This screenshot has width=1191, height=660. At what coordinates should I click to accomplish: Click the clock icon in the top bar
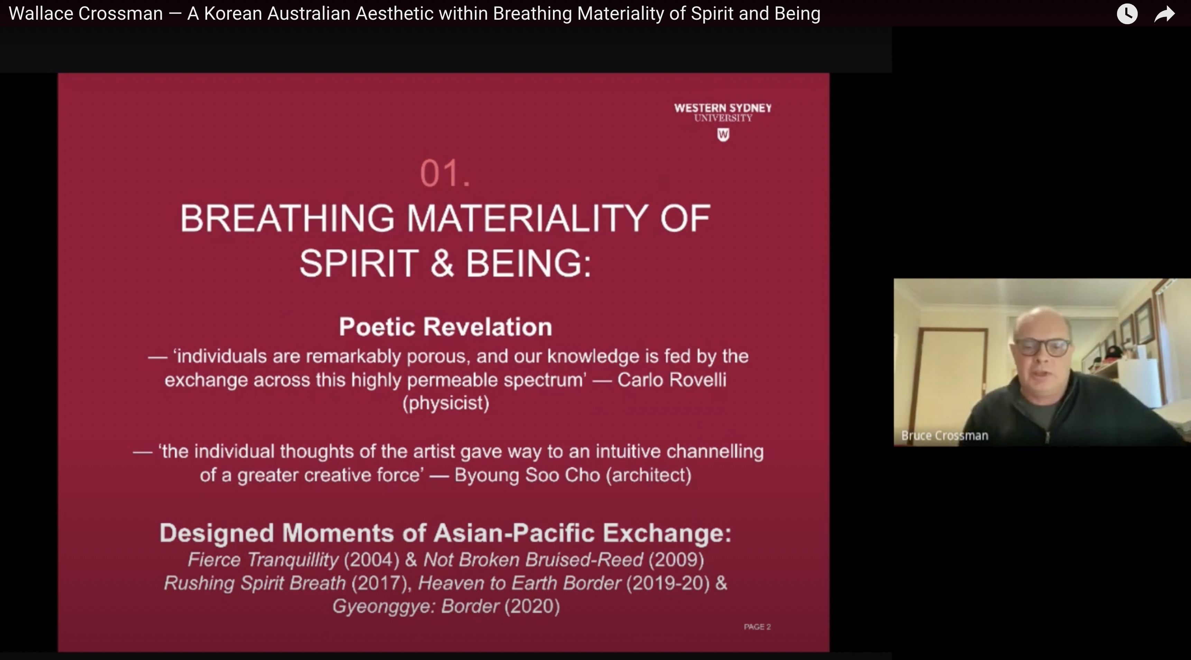[1127, 14]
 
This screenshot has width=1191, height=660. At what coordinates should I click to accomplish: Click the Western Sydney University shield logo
[723, 135]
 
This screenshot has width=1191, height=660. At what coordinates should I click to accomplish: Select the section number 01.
[445, 173]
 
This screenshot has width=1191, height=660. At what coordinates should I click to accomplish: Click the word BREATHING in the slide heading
[287, 218]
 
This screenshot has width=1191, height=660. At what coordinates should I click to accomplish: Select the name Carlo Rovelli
[672, 380]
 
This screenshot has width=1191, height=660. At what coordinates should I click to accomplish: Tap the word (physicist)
[446, 403]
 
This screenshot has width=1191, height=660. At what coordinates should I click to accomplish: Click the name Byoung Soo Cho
[527, 475]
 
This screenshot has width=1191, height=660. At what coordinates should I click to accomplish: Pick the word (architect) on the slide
[649, 475]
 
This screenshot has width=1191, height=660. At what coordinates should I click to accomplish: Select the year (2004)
[372, 560]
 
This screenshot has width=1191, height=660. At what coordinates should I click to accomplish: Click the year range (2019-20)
[668, 583]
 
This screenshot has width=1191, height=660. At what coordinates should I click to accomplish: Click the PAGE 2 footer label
[757, 627]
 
